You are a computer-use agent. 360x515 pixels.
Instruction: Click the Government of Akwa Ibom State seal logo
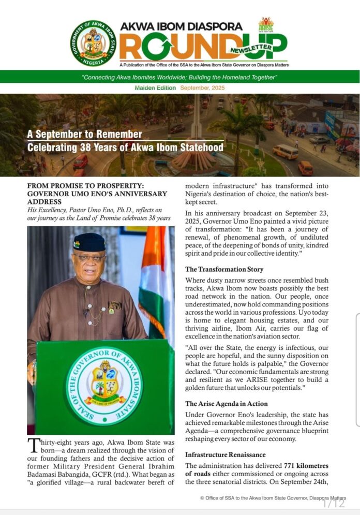(x=93, y=43)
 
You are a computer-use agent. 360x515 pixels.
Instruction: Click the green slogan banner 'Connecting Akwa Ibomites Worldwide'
(x=180, y=77)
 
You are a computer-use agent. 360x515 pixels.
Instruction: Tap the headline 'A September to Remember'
(x=84, y=135)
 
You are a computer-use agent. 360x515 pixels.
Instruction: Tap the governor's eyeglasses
(x=89, y=257)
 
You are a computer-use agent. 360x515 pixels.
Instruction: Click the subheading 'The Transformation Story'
(x=224, y=269)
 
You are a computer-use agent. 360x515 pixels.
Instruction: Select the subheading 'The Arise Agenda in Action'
(x=228, y=403)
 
